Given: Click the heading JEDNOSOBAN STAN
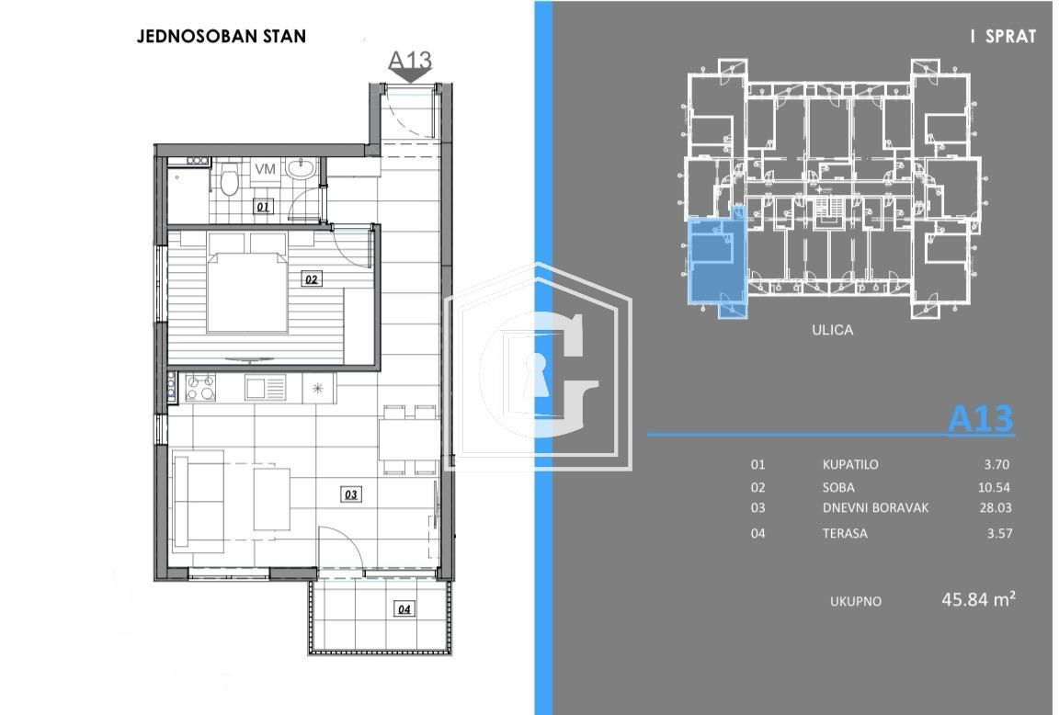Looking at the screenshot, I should pos(222,37).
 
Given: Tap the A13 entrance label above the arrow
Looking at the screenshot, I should pos(410,60).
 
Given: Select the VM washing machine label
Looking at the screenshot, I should pos(265,169).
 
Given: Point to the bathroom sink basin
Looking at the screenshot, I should pos(299,169).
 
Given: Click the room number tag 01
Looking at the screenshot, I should pos(263,207).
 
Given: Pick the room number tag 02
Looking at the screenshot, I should pos(312,278).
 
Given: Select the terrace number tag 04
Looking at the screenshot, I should pos(404,607).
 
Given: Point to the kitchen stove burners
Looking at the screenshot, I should pos(200,388).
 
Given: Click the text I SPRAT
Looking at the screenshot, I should pos(1003,37).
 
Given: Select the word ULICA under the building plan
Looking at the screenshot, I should pos(832,330).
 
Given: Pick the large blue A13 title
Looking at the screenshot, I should pos(980,419).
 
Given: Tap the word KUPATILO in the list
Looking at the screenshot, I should pos(850,464).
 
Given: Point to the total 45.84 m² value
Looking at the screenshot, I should pos(978,600).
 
